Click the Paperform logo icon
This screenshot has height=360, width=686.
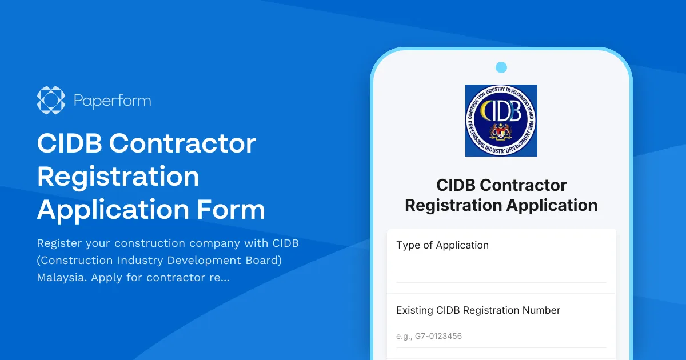(x=51, y=101)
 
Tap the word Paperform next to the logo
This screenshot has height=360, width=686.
(x=113, y=101)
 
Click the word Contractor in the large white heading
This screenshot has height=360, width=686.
(x=183, y=143)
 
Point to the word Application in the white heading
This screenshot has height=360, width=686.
(x=111, y=209)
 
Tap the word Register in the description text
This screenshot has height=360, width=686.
(x=59, y=243)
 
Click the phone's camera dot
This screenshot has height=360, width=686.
(x=501, y=67)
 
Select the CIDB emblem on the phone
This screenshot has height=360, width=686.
(x=501, y=121)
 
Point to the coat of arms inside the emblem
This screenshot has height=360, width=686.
(x=501, y=133)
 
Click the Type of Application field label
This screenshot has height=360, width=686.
(x=442, y=245)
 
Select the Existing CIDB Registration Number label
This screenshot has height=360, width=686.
(x=478, y=310)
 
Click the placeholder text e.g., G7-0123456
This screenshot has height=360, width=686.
(x=429, y=336)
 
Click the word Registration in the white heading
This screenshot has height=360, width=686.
(x=118, y=177)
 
